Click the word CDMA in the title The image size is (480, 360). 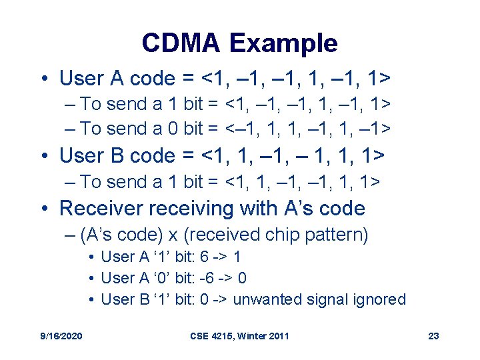pos(181,44)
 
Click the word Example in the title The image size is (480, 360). pos(283,44)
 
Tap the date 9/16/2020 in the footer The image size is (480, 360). pos(62,336)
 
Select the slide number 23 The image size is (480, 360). pos(433,336)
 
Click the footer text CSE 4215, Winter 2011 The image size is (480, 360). pos(239,336)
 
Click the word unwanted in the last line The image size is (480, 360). pos(266,299)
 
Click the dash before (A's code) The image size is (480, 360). pos(71,235)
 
